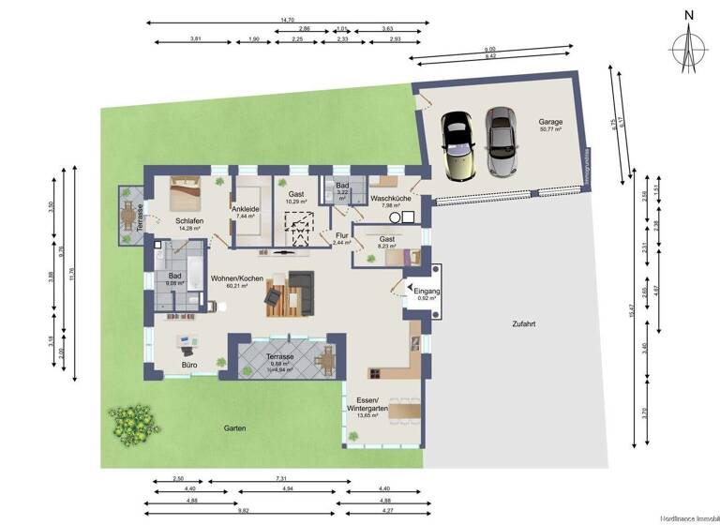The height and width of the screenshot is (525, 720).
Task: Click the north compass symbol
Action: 689,44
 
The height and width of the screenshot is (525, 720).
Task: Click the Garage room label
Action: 550,122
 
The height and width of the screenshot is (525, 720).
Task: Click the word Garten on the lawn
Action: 234,428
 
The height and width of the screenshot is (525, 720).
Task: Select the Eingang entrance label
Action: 427,292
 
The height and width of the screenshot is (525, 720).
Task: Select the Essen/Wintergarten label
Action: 367,404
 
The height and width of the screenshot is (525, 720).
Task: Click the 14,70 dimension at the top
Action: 288,20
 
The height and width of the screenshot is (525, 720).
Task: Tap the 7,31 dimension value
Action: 281,479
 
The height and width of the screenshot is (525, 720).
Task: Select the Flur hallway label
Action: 343,238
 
